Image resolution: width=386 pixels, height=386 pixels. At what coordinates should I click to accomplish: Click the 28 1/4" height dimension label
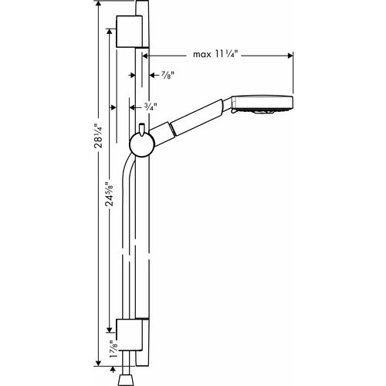[99, 136]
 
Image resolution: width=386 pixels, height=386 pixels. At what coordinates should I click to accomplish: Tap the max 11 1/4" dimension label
[215, 54]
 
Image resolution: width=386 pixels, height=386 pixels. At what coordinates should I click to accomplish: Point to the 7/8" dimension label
[168, 75]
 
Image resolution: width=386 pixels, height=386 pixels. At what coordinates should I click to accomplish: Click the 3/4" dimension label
[151, 107]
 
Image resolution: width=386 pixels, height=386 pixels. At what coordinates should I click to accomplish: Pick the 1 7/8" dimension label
[113, 349]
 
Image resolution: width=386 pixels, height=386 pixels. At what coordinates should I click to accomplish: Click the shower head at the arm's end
[262, 104]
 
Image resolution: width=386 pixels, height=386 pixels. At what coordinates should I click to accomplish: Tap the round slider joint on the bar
[142, 145]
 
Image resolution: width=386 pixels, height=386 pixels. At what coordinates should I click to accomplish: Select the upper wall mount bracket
[130, 32]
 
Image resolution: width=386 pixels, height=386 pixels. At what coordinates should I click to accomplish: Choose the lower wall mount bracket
[130, 334]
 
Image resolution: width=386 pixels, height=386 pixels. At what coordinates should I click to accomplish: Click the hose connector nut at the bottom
[127, 381]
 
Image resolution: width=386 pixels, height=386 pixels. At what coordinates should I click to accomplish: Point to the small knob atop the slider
[141, 129]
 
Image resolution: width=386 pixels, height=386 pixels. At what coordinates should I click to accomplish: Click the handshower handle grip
[197, 117]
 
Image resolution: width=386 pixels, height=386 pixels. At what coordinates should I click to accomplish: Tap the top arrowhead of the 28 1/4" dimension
[98, 5]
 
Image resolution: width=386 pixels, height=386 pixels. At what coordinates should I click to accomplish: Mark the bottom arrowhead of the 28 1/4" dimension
[98, 362]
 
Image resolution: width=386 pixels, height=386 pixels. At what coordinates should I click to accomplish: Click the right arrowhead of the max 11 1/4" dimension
[290, 56]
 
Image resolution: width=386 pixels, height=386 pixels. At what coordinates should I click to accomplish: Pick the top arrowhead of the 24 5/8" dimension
[110, 32]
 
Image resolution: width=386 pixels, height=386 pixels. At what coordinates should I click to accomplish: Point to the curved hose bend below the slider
[128, 164]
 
